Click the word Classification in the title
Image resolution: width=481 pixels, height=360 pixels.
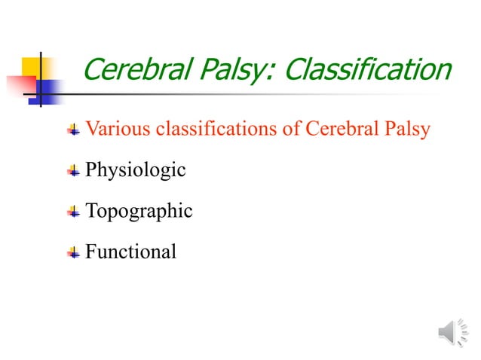click(369, 70)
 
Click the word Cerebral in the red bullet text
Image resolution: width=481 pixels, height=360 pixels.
click(339, 130)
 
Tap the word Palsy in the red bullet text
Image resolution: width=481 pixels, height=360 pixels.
click(408, 130)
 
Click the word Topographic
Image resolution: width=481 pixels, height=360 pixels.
click(139, 212)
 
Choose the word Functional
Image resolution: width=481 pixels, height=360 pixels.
click(130, 252)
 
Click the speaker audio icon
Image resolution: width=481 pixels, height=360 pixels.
click(453, 332)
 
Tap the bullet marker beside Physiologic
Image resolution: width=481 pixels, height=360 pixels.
click(73, 171)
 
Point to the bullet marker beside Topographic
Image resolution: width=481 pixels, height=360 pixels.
click(73, 212)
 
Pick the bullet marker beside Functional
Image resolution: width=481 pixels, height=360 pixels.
click(73, 252)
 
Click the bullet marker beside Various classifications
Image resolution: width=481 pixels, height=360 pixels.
click(73, 130)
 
